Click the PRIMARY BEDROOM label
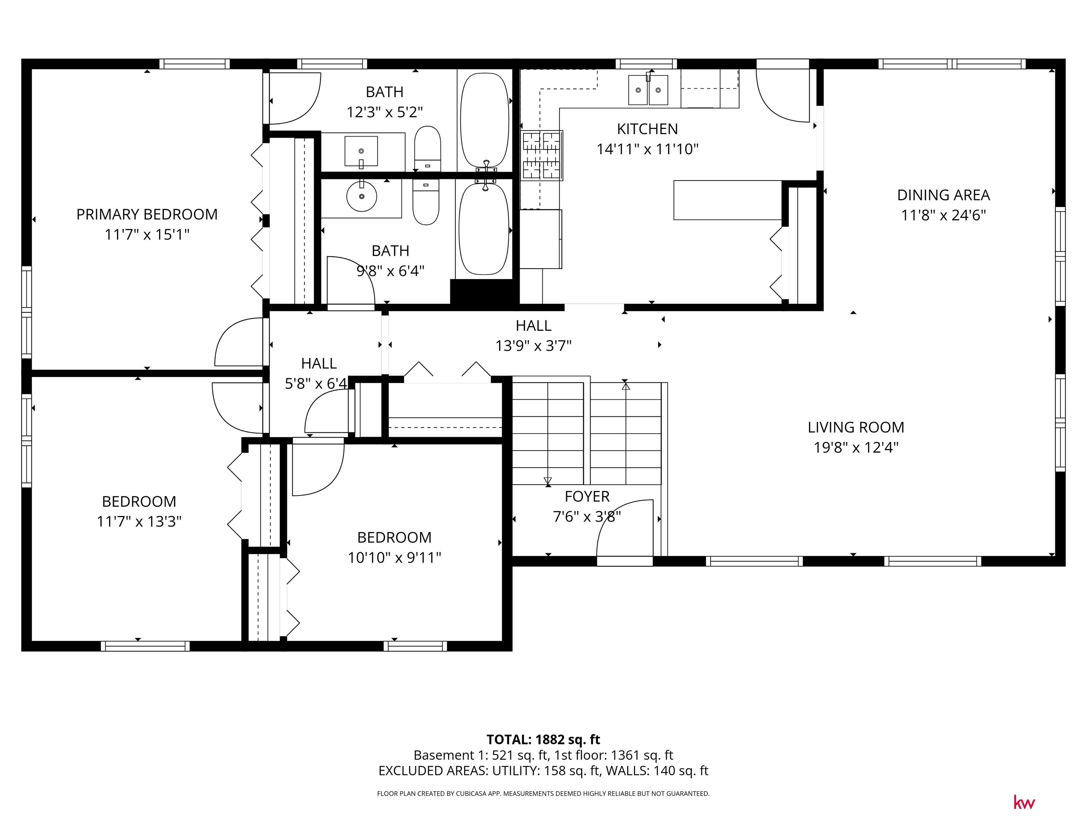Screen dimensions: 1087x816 [147, 215]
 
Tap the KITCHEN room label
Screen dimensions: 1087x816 [647, 129]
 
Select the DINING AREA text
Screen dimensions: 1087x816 [943, 195]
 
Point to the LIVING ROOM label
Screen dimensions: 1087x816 [856, 427]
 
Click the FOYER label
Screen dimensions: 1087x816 [587, 497]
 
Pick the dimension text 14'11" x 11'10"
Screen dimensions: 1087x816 [647, 149]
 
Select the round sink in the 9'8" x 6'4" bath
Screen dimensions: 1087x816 [362, 196]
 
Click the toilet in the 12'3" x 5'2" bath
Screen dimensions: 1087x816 [427, 148]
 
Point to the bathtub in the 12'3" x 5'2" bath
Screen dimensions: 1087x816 [484, 120]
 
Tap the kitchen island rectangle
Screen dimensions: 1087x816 [727, 200]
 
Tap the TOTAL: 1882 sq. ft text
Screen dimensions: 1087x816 [543, 740]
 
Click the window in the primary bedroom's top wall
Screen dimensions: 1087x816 [195, 64]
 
